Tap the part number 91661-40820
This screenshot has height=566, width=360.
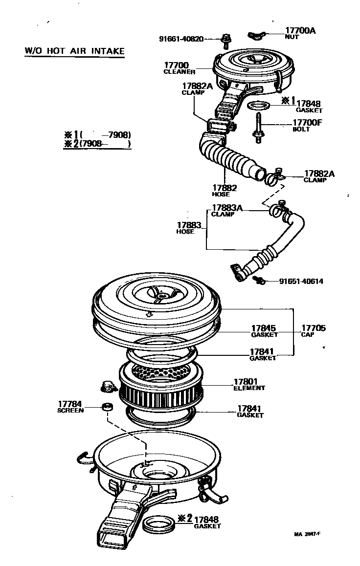180,39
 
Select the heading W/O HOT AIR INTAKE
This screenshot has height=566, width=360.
74,50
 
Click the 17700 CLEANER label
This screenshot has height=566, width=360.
179,68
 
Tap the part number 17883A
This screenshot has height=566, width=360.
227,208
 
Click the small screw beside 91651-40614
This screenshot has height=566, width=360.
259,280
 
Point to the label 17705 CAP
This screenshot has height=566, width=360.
314,331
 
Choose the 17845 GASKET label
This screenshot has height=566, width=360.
264,331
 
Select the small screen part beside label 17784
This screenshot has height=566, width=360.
105,407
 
